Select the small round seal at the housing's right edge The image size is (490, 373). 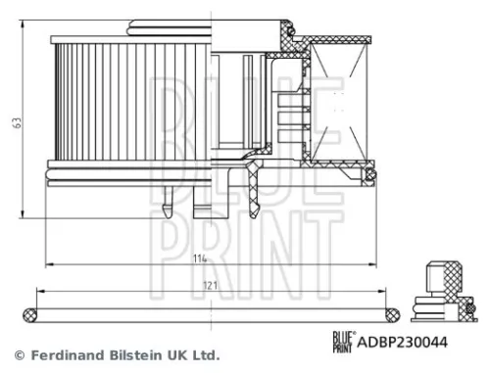pyautogui.click(x=369, y=176)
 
